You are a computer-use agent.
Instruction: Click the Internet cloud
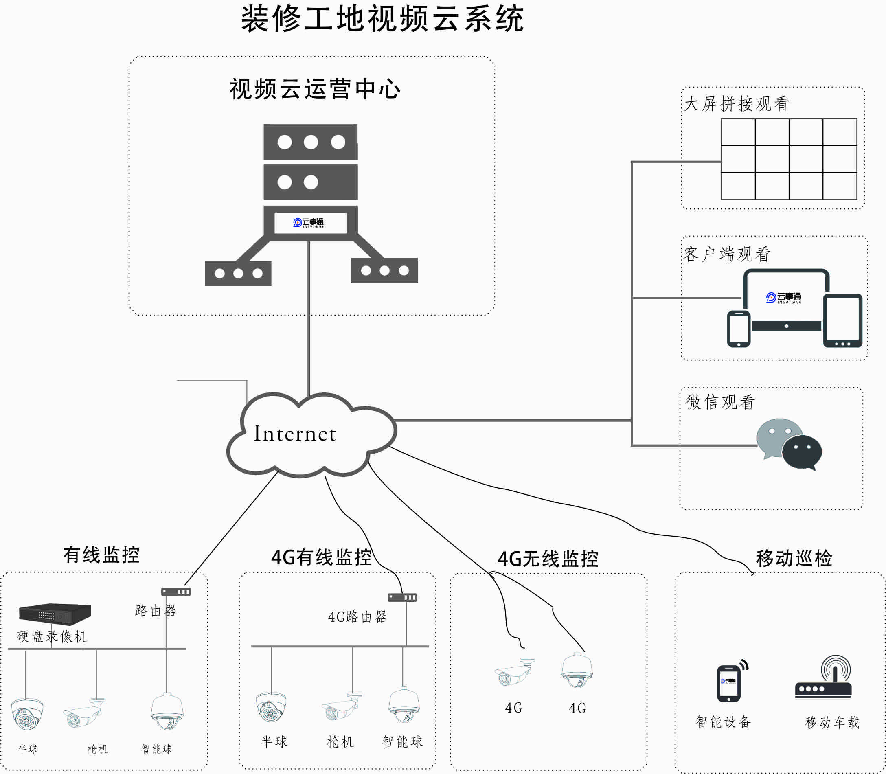point(311,434)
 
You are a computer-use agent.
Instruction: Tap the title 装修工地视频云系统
point(382,19)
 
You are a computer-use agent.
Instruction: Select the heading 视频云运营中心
point(315,90)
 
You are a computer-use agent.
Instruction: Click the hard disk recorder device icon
point(55,614)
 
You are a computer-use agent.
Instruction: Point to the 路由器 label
point(156,610)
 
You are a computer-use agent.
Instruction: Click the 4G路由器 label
point(357,617)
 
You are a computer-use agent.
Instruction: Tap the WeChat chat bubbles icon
point(789,443)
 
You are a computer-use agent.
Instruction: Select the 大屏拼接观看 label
point(737,104)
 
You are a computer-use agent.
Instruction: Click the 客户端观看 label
point(727,254)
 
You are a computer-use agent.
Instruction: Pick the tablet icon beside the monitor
point(842,320)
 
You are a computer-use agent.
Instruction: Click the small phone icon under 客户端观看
point(739,329)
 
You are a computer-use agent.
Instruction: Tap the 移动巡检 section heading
point(794,558)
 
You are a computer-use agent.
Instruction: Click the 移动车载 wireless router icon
point(823,678)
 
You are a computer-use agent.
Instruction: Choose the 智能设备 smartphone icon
point(729,682)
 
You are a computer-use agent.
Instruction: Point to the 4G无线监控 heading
point(548,559)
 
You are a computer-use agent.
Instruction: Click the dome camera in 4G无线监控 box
point(577,670)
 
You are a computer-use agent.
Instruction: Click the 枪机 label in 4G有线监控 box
point(340,742)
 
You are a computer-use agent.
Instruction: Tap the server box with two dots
point(311,182)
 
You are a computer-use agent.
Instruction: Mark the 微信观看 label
point(720,402)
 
